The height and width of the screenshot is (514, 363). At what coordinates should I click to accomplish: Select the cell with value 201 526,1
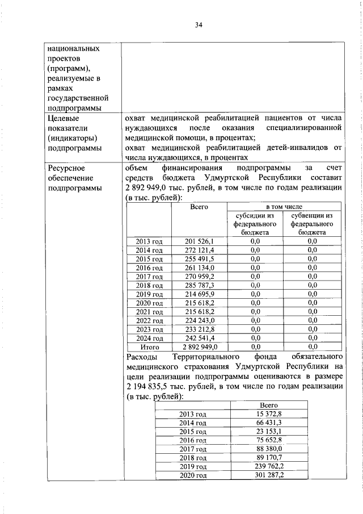click(199, 241)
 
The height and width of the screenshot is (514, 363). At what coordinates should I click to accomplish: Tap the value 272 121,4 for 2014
click(199, 250)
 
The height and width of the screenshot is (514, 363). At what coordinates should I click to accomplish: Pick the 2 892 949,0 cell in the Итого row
click(199, 346)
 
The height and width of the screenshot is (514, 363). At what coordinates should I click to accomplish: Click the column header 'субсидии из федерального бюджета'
click(255, 224)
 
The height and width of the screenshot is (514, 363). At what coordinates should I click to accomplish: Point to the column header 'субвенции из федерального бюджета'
click(312, 224)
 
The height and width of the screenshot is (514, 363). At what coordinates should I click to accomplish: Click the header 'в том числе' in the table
click(284, 207)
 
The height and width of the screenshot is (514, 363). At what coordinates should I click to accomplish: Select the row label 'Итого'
click(150, 346)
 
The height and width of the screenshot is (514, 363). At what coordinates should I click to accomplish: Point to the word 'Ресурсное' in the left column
click(66, 169)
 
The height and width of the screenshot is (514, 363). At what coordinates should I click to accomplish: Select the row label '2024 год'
click(150, 338)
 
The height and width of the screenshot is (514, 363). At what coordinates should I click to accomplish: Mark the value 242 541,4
click(199, 338)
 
